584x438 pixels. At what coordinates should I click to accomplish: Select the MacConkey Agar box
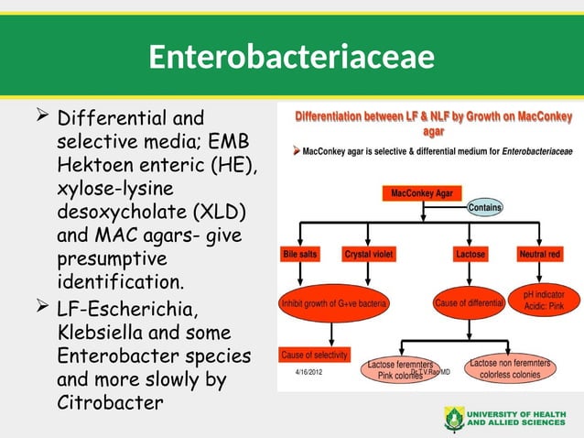421,193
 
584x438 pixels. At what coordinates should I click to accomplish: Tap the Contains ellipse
485,208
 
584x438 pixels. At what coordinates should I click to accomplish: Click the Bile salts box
302,253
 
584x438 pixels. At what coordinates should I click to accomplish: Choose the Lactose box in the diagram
470,253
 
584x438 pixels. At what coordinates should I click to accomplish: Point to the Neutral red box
540,253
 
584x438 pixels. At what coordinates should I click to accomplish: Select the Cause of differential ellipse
469,302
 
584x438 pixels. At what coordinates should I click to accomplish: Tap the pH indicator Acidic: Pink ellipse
548,300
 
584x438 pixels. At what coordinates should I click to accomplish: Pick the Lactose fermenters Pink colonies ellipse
400,369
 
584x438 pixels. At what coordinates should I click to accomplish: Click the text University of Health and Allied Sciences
517,419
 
